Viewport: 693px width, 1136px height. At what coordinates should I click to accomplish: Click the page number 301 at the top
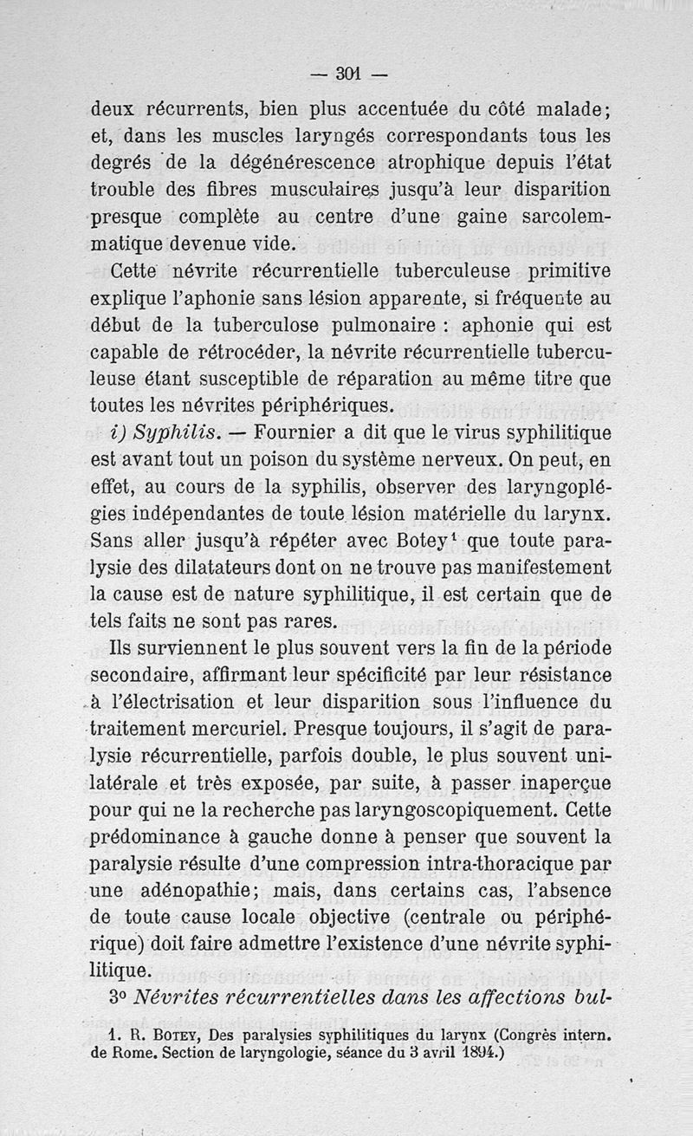[x=348, y=75]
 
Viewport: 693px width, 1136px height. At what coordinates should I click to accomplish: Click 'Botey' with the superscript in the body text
[x=404, y=542]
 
